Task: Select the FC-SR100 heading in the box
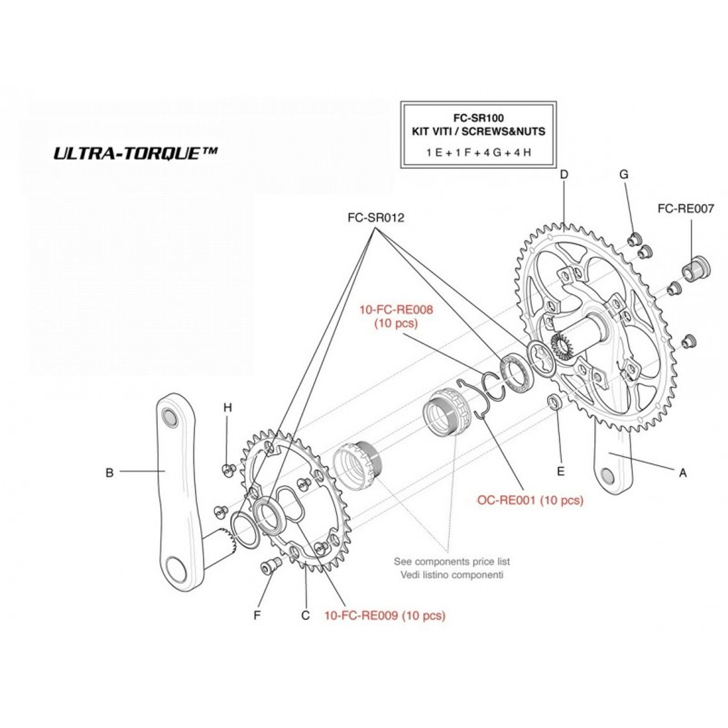(x=479, y=118)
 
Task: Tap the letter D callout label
(x=564, y=174)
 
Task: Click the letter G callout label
(x=624, y=174)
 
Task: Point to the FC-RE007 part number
(x=686, y=209)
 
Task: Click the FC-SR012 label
(x=376, y=218)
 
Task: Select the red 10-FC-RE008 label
(x=396, y=310)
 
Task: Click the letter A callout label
(x=682, y=473)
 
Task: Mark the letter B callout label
(x=109, y=473)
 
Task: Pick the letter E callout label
(x=561, y=471)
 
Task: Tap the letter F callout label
(x=257, y=616)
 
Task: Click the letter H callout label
(x=227, y=408)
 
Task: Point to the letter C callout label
(x=305, y=616)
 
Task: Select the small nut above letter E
(x=555, y=401)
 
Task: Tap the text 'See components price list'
(x=452, y=561)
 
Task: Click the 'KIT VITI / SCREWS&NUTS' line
(x=479, y=131)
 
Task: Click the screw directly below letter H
(x=228, y=470)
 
